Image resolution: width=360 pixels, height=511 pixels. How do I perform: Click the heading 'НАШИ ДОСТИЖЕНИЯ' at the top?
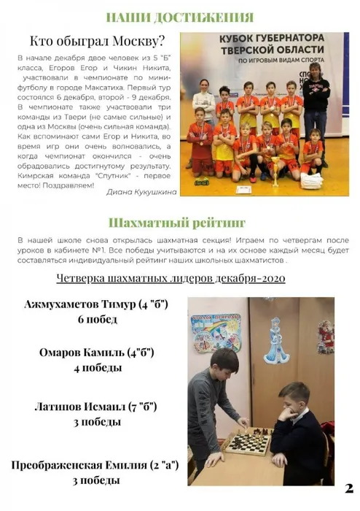click(x=180, y=17)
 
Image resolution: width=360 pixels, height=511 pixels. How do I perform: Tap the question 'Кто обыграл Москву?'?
click(x=96, y=41)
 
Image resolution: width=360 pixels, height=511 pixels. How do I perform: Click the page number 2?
click(x=348, y=488)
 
